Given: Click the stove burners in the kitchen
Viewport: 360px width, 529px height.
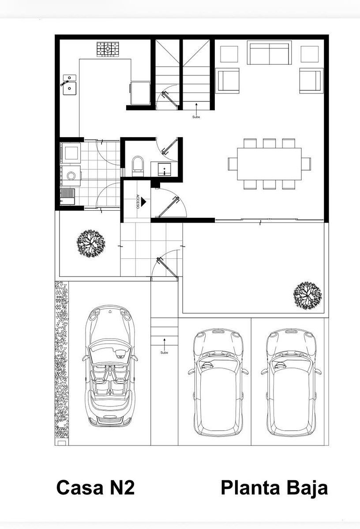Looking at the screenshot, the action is coord(108,49).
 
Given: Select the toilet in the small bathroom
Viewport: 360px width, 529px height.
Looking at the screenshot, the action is coord(138,166).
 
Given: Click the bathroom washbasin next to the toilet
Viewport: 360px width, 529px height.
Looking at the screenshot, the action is coord(165,169).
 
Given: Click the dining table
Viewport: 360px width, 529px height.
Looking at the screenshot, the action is coord(269,164).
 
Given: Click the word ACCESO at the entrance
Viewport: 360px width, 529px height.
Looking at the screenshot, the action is coord(137,201).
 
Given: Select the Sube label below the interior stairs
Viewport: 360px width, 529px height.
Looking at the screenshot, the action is coord(196,117).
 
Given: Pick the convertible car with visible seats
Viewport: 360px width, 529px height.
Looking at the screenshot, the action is coord(110,366).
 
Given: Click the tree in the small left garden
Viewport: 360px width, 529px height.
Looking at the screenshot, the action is coord(91,243).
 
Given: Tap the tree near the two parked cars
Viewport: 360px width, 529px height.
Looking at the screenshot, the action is coord(307,296).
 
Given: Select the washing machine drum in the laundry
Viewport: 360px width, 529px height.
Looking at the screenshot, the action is coord(71,175).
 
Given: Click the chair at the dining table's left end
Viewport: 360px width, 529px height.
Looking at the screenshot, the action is coord(232,164).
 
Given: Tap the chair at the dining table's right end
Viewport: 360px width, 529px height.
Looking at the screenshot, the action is coord(306,164).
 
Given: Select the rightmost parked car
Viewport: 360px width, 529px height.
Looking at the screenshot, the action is coord(291,383).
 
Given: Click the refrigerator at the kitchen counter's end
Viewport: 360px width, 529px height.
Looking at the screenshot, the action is coord(140,93).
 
